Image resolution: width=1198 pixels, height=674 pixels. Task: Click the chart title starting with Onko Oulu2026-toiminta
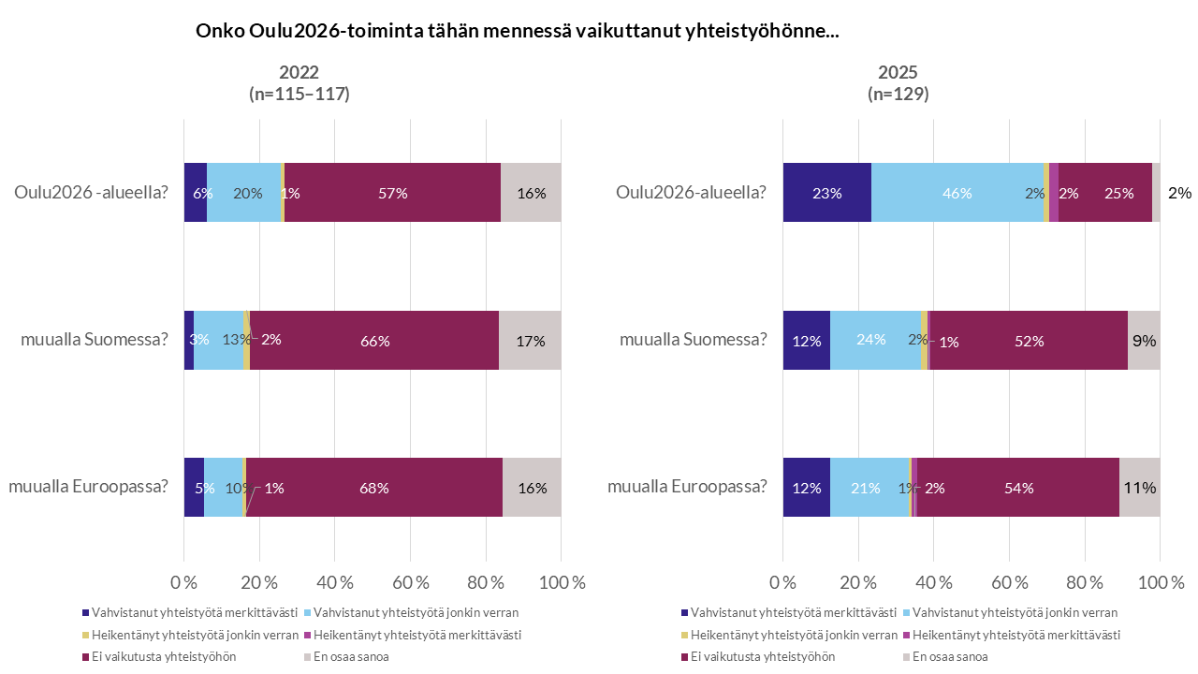[517, 31]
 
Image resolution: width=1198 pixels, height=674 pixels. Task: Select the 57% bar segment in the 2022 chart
[392, 193]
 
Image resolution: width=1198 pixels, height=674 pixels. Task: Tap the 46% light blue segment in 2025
[957, 193]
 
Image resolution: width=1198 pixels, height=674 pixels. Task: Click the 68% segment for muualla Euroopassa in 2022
[374, 488]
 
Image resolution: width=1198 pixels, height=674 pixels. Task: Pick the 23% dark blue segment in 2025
[826, 193]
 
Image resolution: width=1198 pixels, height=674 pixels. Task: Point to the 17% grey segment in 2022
[530, 341]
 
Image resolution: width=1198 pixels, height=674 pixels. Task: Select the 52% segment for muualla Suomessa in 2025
[1028, 341]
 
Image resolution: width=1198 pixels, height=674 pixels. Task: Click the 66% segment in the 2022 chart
[374, 341]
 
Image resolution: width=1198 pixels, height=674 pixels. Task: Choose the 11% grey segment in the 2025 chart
[1139, 488]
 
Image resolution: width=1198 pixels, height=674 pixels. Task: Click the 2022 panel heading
[299, 73]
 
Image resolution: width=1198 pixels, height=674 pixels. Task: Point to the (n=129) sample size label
[898, 94]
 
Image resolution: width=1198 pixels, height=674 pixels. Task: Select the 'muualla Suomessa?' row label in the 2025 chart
[693, 339]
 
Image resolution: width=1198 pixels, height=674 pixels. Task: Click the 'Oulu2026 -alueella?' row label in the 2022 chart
[90, 193]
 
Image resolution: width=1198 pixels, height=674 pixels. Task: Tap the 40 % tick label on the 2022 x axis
[334, 582]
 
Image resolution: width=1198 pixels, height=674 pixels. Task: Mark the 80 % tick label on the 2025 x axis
[1084, 582]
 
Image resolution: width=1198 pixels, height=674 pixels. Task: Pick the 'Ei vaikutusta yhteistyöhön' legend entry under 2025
[760, 656]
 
